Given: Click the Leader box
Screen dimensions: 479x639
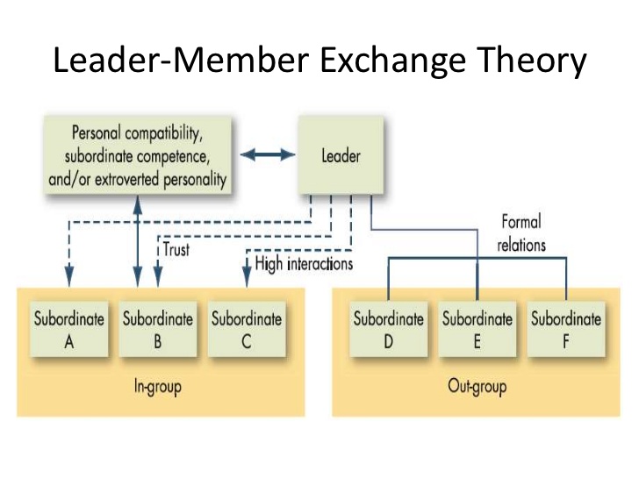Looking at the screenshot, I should [341, 157].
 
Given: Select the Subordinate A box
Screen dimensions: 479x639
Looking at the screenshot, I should [69, 329].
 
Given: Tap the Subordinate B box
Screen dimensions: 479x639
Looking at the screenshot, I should [157, 329].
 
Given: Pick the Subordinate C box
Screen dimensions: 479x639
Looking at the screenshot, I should [246, 329].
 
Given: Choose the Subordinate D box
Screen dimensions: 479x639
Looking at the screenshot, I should [388, 329].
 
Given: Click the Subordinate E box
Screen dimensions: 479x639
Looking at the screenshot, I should [477, 329].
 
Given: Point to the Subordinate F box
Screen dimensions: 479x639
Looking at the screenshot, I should [565, 329].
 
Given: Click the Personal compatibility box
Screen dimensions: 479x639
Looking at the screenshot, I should [137, 156].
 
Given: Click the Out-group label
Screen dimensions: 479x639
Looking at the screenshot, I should [477, 386].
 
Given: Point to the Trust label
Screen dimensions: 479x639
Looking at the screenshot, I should [176, 249].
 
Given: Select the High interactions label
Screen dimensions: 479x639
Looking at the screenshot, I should [304, 263].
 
